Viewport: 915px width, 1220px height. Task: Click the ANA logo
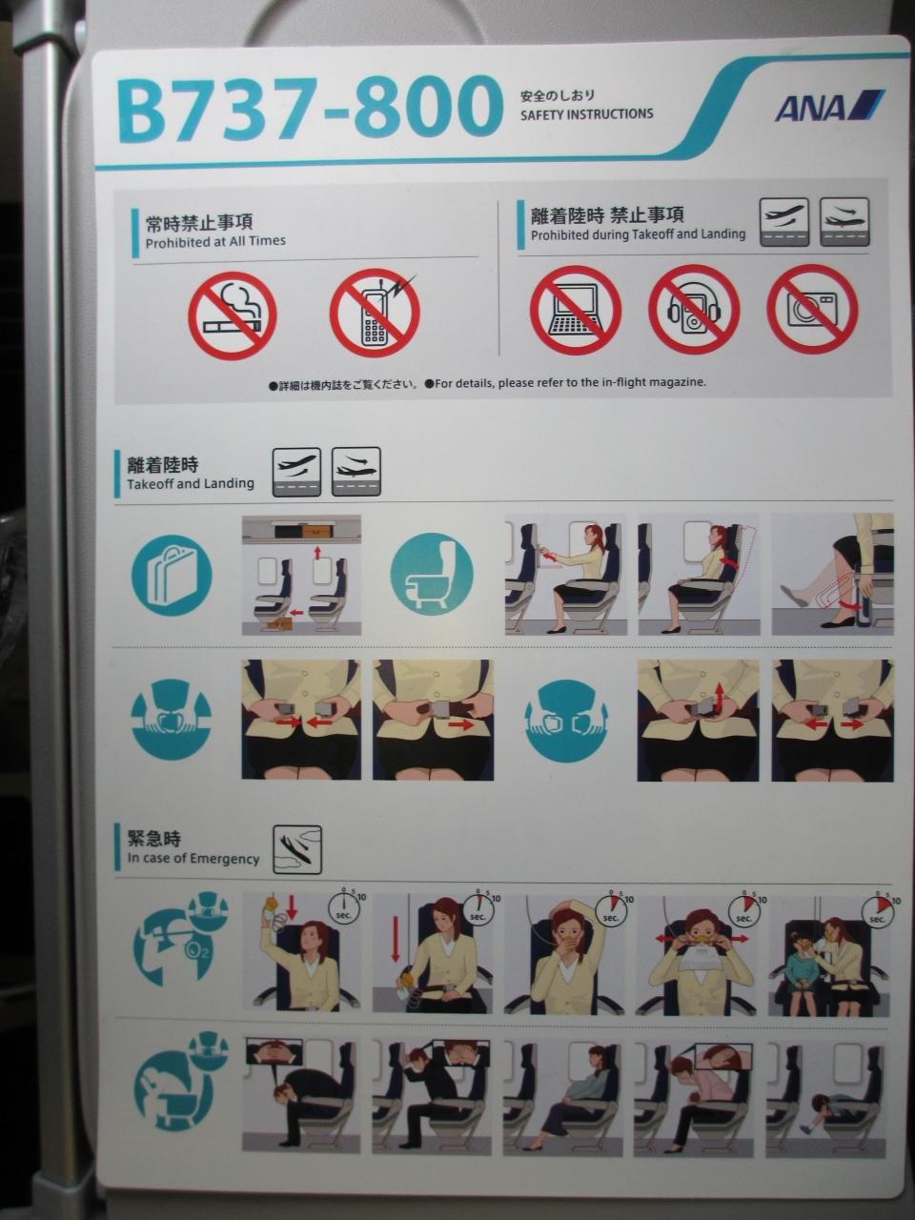[x=829, y=106]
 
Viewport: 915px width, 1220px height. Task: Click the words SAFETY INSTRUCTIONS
[x=587, y=114]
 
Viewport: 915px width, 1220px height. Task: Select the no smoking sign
[x=233, y=315]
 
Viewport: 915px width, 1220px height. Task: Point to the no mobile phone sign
[x=375, y=315]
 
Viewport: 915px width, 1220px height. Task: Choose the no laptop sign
[x=575, y=310]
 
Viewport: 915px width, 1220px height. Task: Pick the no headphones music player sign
[x=694, y=310]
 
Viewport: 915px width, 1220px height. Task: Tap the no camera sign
[x=812, y=310]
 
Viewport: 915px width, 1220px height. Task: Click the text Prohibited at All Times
[x=215, y=242]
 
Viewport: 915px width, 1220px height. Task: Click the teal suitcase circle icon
[x=172, y=576]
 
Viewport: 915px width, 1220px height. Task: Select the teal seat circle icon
[x=432, y=574]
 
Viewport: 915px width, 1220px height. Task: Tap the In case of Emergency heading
[x=193, y=859]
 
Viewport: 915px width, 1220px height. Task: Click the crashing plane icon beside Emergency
[x=297, y=850]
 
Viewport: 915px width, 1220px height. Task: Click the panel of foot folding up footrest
[x=832, y=574]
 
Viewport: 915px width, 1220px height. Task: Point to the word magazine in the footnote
[x=681, y=382]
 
